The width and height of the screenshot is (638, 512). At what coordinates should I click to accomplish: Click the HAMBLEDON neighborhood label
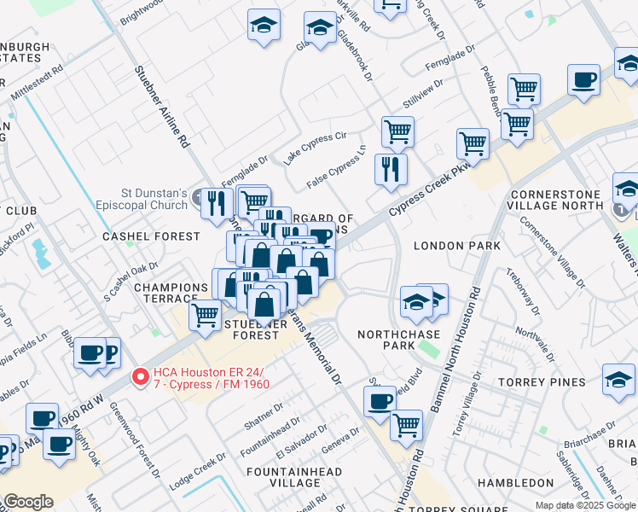tap(516, 483)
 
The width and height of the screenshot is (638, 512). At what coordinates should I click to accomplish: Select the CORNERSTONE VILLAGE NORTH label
tap(567, 199)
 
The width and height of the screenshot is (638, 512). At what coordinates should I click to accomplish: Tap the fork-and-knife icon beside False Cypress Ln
tap(391, 168)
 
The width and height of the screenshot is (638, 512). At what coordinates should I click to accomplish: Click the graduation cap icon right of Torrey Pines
tap(618, 379)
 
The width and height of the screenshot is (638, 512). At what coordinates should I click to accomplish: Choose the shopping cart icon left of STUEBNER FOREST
tap(205, 315)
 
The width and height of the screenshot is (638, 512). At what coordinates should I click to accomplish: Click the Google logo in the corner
tap(28, 502)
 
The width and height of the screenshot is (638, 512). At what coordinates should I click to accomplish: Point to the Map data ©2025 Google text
tap(585, 505)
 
